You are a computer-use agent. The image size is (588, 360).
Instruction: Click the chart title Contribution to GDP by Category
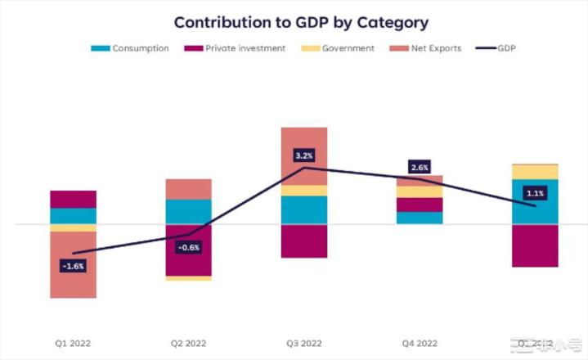point(301,22)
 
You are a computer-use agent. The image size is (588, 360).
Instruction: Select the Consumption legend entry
point(130,48)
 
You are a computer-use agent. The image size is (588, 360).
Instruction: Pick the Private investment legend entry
point(237,48)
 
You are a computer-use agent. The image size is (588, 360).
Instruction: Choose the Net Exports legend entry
point(430,48)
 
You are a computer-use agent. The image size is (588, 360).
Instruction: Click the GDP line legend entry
point(496,48)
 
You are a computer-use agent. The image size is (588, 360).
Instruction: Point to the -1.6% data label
point(73,266)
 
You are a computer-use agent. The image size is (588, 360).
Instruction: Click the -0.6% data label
point(189,247)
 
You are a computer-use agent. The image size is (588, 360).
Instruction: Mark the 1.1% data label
point(536,193)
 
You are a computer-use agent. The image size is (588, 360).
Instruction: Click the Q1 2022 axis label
point(73,342)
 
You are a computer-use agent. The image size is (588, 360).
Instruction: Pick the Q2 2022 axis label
point(189,342)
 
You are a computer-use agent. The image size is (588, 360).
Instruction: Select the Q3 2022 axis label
point(304,342)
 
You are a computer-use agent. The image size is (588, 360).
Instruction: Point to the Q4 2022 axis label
point(420,342)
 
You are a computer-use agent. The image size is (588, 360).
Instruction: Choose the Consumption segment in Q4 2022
point(420,218)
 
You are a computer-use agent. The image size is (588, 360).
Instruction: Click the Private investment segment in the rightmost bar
point(536,245)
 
